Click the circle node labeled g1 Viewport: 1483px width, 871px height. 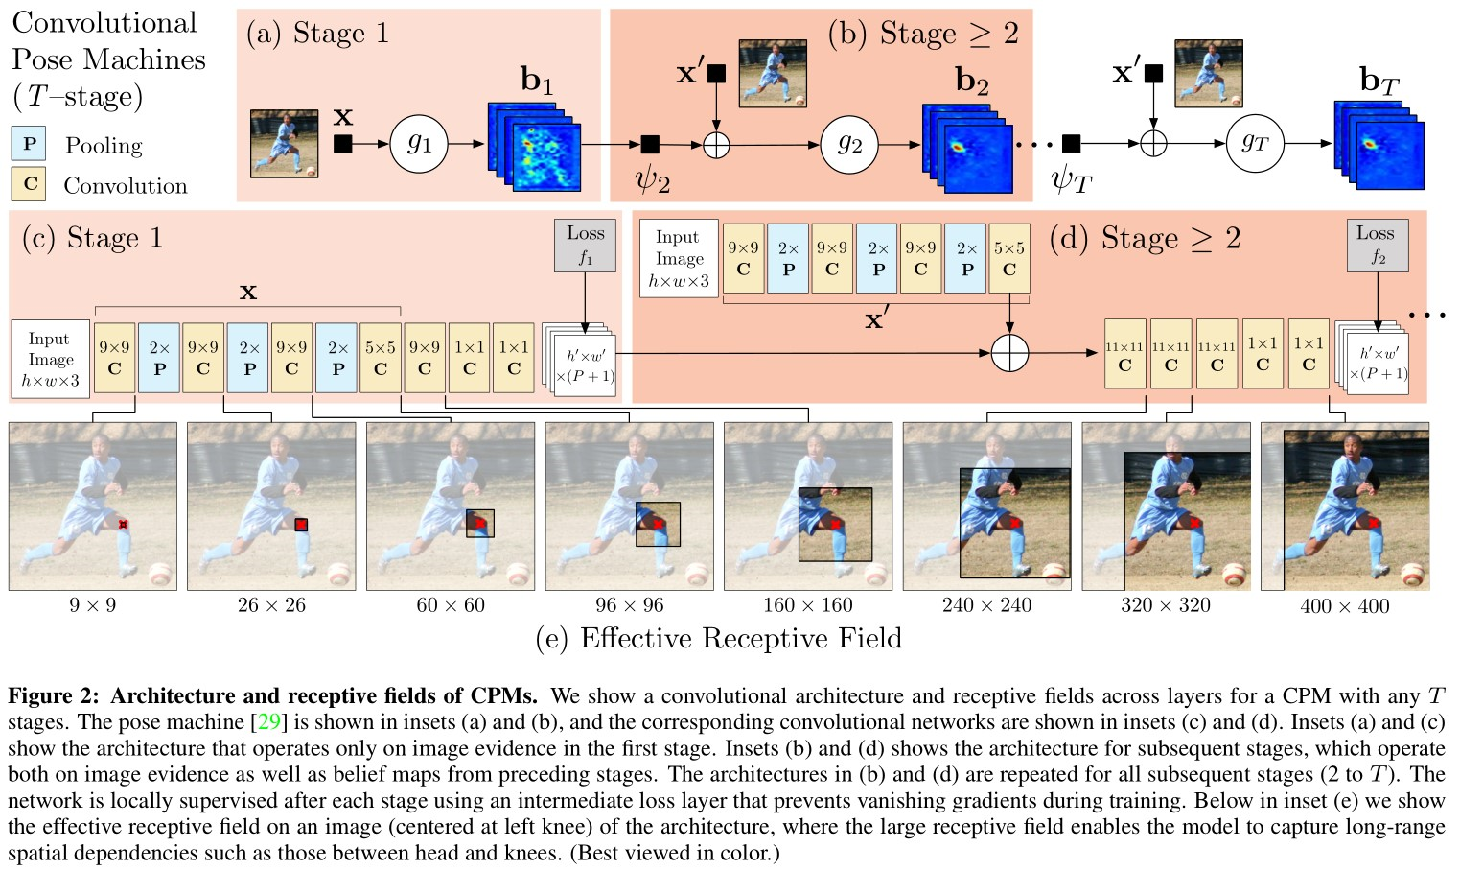tap(419, 144)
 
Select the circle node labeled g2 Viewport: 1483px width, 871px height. tap(849, 144)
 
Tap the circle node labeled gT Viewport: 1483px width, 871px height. tap(1255, 144)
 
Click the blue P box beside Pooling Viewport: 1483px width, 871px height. tap(30, 144)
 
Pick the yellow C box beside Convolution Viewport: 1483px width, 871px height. tap(30, 184)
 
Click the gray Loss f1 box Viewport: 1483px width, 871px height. tap(585, 245)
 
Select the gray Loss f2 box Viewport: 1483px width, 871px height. tap(1377, 245)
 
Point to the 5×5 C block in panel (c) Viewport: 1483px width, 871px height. tap(381, 358)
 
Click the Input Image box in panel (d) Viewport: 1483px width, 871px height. tap(679, 258)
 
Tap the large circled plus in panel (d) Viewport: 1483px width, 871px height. tap(1009, 353)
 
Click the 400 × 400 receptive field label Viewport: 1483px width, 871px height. tap(1344, 606)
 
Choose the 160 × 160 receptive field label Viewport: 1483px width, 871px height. tap(807, 605)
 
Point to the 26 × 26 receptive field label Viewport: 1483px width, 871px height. tap(271, 605)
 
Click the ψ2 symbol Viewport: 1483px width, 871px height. tap(652, 178)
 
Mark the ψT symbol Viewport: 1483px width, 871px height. tap(1071, 178)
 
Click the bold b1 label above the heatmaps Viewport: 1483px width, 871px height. tap(537, 80)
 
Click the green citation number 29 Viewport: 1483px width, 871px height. tap(268, 722)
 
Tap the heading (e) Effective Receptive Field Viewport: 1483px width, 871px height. tap(718, 638)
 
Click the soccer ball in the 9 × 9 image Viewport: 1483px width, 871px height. tap(162, 574)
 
